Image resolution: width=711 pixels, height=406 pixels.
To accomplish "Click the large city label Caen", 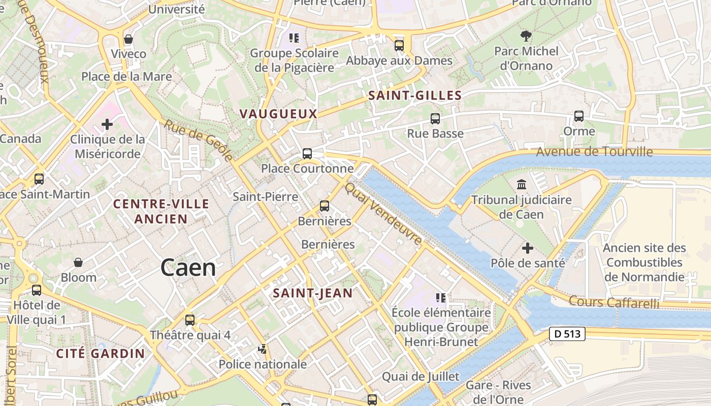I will [188, 267].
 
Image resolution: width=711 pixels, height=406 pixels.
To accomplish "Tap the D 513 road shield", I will [567, 334].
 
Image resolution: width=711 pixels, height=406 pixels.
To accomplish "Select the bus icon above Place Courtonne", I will [307, 154].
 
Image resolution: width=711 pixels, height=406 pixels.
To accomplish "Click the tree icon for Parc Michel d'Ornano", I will [526, 36].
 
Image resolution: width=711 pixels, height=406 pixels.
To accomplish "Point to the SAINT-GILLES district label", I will [415, 95].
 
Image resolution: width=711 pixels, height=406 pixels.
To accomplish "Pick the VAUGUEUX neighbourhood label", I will [278, 114].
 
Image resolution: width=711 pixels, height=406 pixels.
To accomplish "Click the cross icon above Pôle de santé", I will [528, 248].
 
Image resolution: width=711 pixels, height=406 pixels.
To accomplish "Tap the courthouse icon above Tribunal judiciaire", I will [521, 184].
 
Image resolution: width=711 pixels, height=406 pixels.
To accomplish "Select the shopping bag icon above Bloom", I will [78, 262].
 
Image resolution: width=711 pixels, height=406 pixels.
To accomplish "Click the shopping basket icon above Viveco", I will [128, 39].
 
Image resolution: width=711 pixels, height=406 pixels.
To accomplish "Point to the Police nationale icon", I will [263, 349].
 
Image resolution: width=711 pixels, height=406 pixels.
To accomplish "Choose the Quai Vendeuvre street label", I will [383, 214].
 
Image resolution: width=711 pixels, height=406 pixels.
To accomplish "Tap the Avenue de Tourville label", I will [594, 151].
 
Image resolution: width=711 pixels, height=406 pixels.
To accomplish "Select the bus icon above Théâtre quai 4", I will [189, 320].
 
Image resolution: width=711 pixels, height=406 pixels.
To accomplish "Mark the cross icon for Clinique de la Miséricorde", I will [107, 124].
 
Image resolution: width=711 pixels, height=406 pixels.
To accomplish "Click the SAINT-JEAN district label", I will [312, 293].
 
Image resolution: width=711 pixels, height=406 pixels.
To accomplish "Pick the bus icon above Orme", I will [578, 116].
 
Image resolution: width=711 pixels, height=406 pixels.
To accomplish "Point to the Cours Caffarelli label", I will [613, 302].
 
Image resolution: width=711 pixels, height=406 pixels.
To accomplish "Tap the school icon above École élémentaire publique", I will [440, 297].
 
